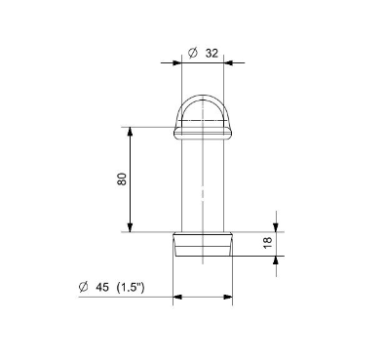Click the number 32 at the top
coord(212,53)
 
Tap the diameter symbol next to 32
coord(193,53)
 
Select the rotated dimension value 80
coord(122,180)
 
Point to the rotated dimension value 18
coord(267,243)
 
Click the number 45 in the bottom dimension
coord(102,288)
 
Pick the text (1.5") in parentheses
coord(131,288)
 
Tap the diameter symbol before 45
coord(84,287)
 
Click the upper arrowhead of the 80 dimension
coord(130,132)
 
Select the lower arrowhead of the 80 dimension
coord(130,227)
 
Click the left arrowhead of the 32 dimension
coord(176,62)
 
